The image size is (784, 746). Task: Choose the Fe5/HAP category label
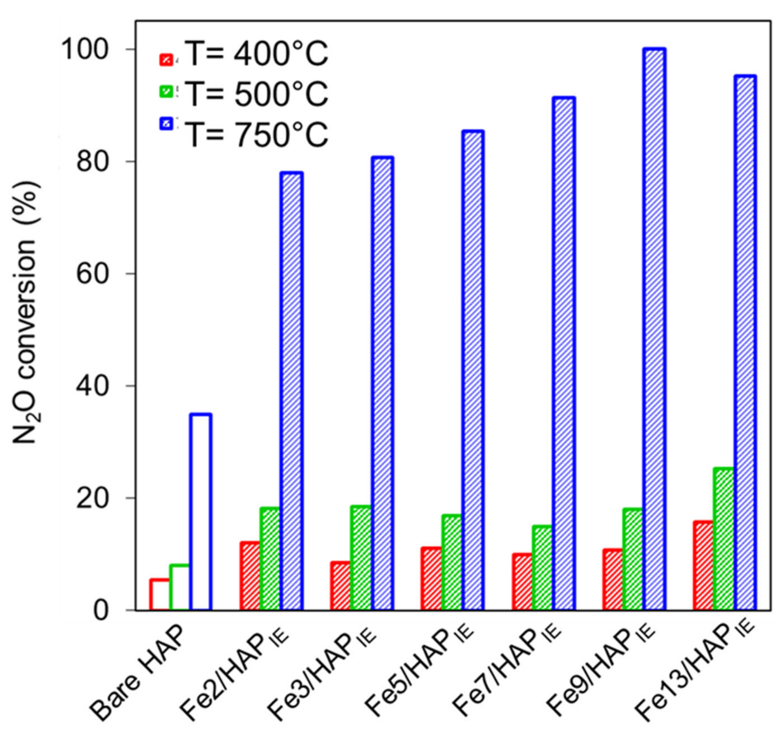(421, 676)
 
